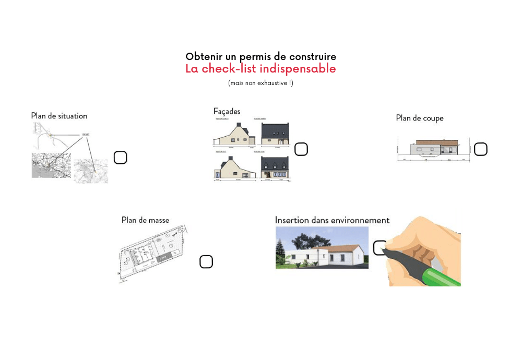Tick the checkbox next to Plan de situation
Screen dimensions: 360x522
click(120, 158)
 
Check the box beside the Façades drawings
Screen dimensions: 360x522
click(301, 149)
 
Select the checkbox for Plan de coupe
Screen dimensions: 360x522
click(480, 149)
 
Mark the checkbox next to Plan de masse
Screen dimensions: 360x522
click(206, 262)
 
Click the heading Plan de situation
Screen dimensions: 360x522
click(59, 116)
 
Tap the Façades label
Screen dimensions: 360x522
click(227, 111)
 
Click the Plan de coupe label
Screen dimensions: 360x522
click(420, 118)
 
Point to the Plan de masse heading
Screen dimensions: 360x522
click(145, 220)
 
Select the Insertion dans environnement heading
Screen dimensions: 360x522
click(332, 220)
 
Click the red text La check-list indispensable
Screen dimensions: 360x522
click(260, 69)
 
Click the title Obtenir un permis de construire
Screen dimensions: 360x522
click(260, 56)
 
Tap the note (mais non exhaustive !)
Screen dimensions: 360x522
click(260, 83)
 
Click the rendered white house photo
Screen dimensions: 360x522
click(322, 248)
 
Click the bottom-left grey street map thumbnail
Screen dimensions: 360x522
click(50, 165)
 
